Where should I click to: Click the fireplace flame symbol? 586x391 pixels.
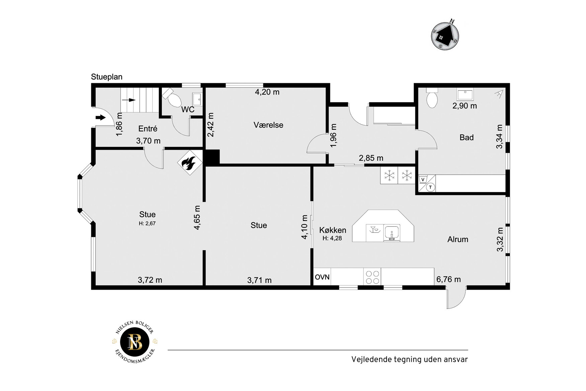coord(189,162)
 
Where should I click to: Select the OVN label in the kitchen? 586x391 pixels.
coord(322,277)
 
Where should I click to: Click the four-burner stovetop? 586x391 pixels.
coord(372,277)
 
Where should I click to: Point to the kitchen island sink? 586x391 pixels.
coord(392,232)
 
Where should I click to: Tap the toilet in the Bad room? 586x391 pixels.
coord(432,97)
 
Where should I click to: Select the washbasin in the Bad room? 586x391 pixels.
coord(465,94)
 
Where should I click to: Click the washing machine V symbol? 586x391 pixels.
coord(423,179)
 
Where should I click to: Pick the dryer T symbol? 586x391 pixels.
coord(431,187)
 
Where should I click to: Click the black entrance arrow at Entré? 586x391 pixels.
coord(100,117)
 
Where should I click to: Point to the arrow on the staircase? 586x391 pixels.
coord(129,100)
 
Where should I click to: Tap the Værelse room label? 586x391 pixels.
coord(268,125)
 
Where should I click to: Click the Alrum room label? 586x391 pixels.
coord(458,239)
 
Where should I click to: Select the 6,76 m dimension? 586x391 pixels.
coord(448,279)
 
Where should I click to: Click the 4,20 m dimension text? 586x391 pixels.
coord(267,92)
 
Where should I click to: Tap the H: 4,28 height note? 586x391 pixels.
coord(332,238)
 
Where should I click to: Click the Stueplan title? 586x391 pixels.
coord(107,77)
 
